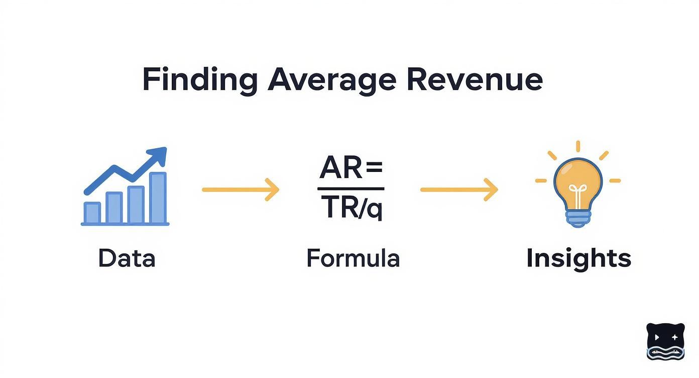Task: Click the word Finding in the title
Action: pyautogui.click(x=199, y=79)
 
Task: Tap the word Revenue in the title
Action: pyautogui.click(x=474, y=79)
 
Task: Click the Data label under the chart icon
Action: pyautogui.click(x=127, y=258)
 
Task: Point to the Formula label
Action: pyautogui.click(x=353, y=258)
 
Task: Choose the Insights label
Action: pyautogui.click(x=578, y=258)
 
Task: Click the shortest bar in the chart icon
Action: pyautogui.click(x=92, y=212)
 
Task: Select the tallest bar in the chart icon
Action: pyautogui.click(x=158, y=198)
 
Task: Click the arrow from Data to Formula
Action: pyautogui.click(x=240, y=190)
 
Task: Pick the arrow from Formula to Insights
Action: pyautogui.click(x=458, y=190)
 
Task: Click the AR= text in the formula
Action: pyautogui.click(x=351, y=169)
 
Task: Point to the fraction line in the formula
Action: pyautogui.click(x=351, y=188)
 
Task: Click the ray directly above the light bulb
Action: pyautogui.click(x=578, y=146)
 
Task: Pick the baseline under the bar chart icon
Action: pyautogui.click(x=125, y=224)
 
